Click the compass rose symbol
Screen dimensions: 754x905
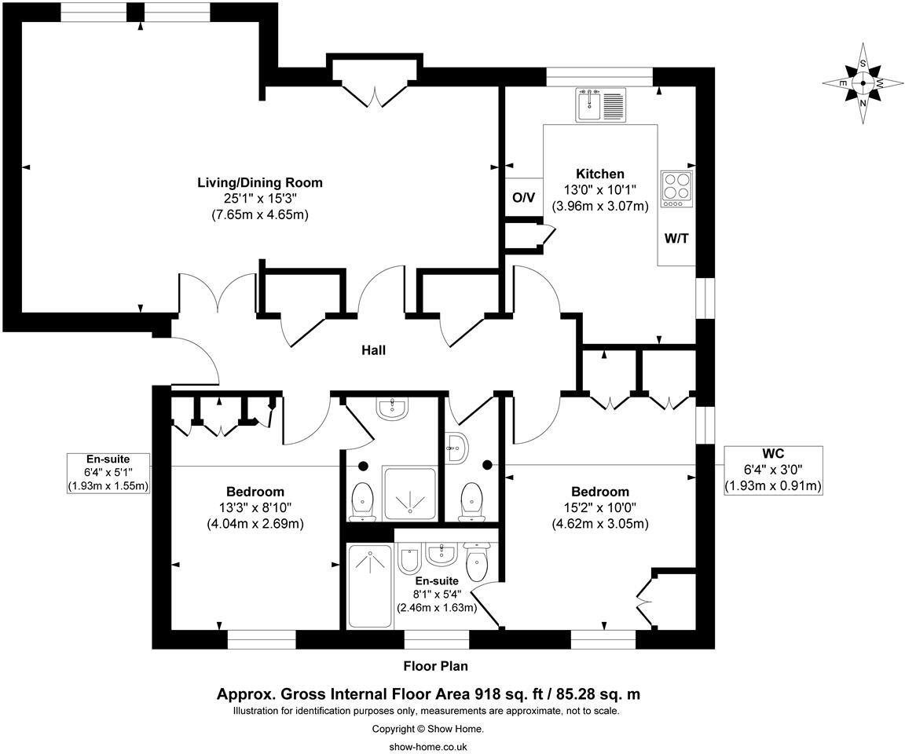click(x=863, y=82)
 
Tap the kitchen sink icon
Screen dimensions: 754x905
click(x=600, y=105)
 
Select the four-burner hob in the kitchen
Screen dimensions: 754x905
click(x=676, y=188)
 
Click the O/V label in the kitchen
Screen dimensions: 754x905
click(x=523, y=197)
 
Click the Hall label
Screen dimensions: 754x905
click(x=373, y=350)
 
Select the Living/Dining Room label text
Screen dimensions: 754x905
click(x=259, y=182)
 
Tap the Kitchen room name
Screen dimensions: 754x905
click(x=600, y=174)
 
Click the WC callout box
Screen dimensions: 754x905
click(x=772, y=470)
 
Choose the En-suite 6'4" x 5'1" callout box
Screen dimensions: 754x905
click(x=108, y=472)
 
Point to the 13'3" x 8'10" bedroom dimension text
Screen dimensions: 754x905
click(x=255, y=508)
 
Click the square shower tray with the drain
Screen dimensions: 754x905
click(x=409, y=493)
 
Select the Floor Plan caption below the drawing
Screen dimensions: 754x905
click(x=435, y=666)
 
